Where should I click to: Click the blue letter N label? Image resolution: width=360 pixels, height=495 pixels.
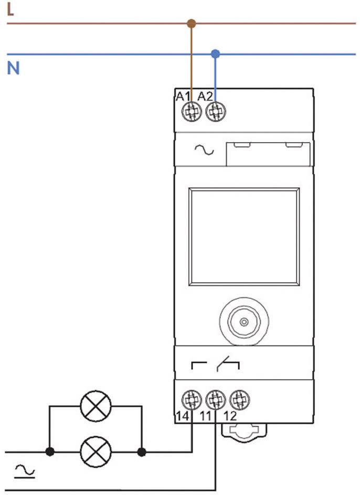click(x=13, y=68)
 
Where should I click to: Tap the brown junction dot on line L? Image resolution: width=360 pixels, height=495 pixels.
click(x=191, y=24)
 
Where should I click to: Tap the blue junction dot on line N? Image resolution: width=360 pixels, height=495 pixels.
click(x=215, y=54)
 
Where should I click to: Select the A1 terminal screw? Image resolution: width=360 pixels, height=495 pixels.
click(x=192, y=112)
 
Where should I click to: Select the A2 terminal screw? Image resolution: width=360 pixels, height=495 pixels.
click(x=216, y=112)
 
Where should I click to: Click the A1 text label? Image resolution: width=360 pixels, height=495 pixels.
click(x=183, y=96)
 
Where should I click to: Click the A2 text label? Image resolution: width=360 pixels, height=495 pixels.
click(x=205, y=96)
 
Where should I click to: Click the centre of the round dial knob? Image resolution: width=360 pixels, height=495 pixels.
click(x=243, y=321)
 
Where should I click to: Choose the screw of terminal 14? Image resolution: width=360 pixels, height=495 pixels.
click(x=192, y=400)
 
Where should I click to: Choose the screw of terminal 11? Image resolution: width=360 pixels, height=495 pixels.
click(x=216, y=400)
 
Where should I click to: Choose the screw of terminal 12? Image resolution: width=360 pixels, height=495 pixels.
click(x=240, y=400)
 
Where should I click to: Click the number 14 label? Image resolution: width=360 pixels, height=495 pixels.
click(x=183, y=416)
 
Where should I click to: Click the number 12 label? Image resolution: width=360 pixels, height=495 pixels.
click(x=230, y=416)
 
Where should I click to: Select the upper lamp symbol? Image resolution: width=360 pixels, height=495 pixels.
click(x=96, y=406)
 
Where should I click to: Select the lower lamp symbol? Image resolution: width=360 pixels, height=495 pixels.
click(x=96, y=452)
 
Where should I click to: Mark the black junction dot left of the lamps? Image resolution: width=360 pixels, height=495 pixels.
click(x=50, y=452)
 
